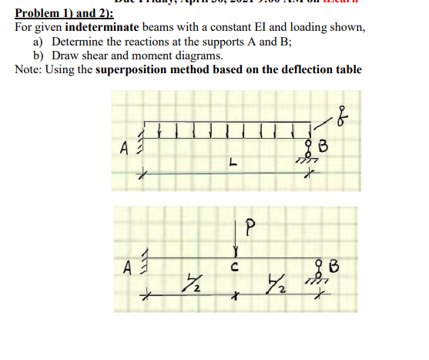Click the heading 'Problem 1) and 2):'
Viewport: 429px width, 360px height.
coord(63,14)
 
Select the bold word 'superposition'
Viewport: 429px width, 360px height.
coord(136,70)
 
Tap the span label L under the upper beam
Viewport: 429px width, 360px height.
coord(231,163)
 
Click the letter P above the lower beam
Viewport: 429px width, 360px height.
coord(248,228)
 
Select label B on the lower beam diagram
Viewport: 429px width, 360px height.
coord(333,267)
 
